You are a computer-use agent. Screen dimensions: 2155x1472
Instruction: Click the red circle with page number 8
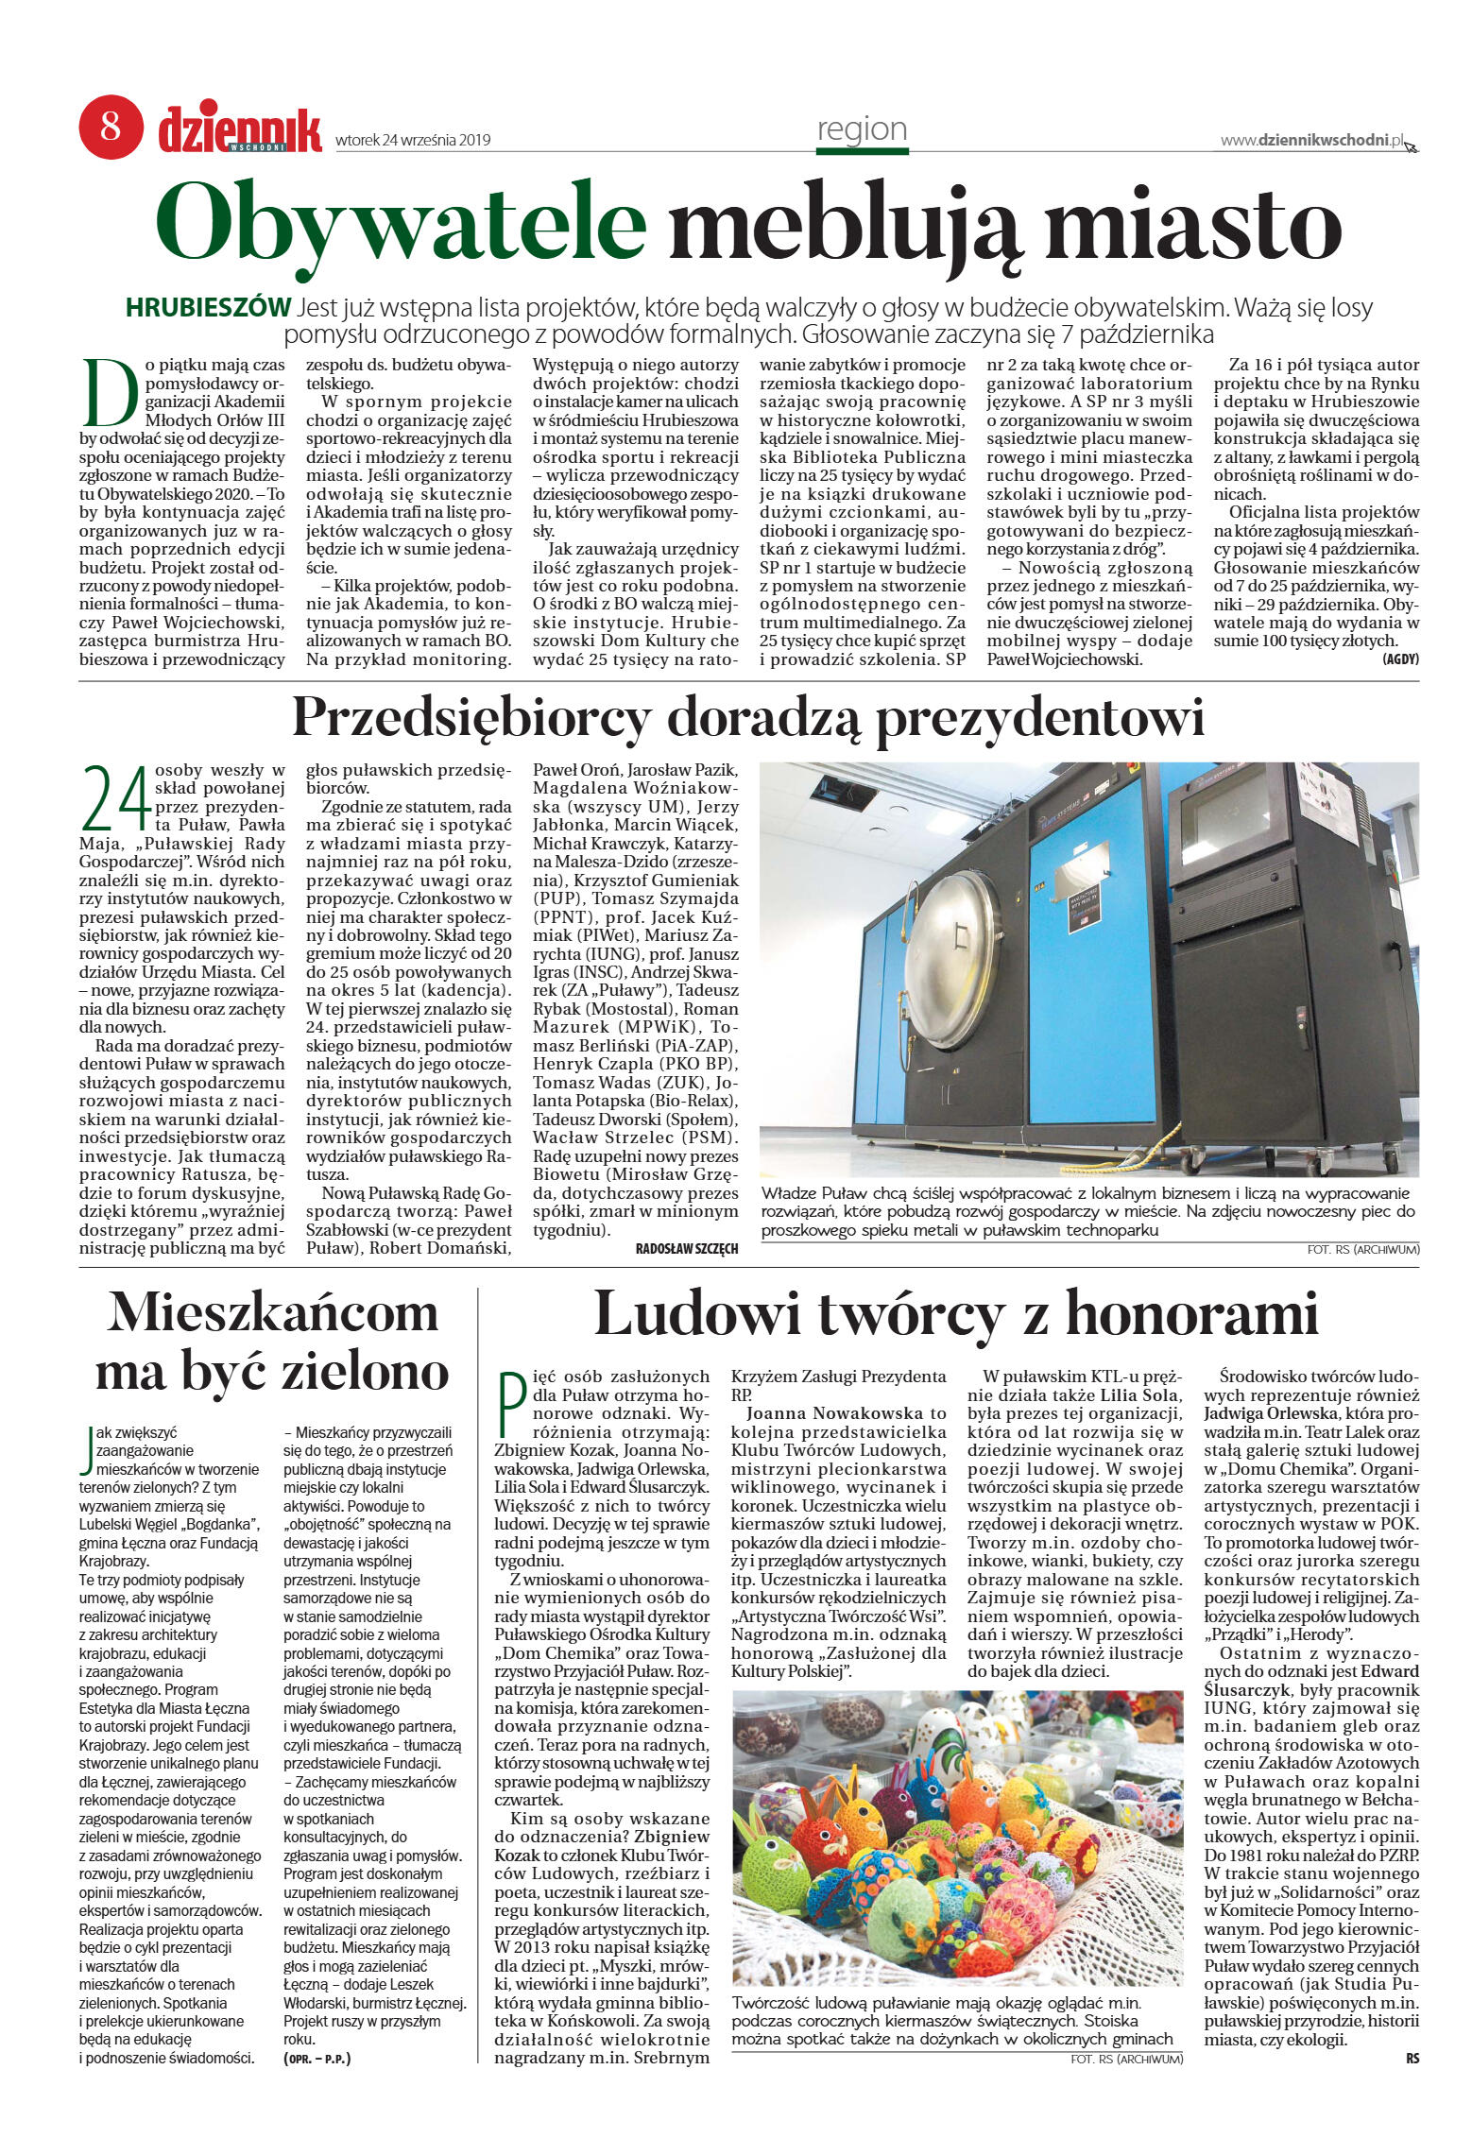coord(111,126)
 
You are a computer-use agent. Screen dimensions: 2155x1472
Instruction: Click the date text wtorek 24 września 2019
coord(413,140)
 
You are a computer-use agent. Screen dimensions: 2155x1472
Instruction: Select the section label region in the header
coord(862,129)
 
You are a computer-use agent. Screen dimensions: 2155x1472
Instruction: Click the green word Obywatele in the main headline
coord(401,224)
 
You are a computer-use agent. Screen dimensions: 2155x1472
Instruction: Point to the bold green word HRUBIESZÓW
coord(208,308)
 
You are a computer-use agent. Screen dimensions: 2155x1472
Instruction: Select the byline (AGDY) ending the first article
coord(1400,659)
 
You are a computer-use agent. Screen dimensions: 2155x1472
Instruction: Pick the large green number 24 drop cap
coord(116,798)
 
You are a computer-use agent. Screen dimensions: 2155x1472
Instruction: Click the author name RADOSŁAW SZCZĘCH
coord(687,1249)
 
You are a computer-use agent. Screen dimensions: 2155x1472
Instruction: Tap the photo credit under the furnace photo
coord(1362,1249)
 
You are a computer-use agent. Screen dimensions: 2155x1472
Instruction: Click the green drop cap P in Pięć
coord(510,1406)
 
